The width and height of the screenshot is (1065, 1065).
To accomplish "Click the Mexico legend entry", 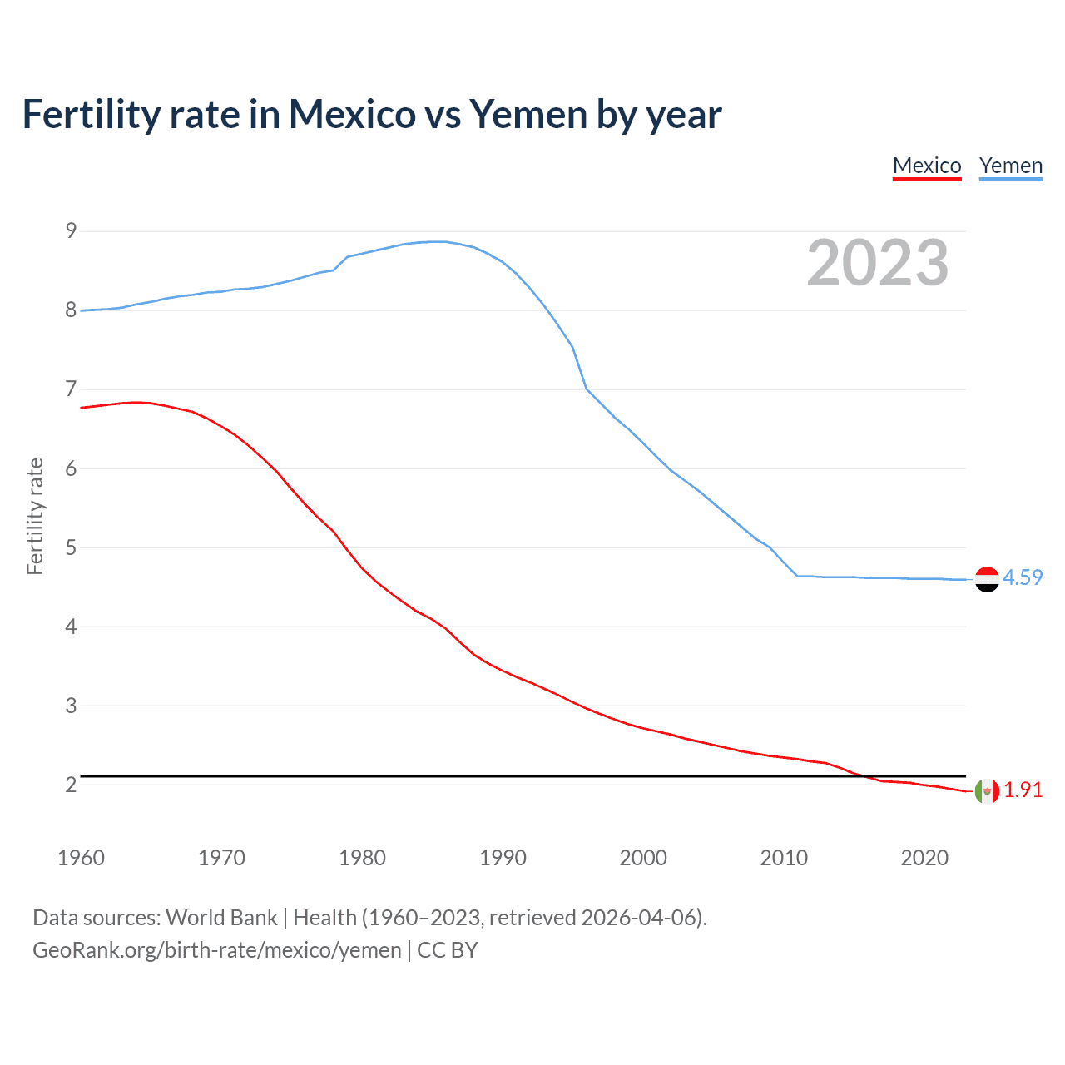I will (927, 166).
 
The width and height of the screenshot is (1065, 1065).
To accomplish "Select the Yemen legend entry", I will (1011, 166).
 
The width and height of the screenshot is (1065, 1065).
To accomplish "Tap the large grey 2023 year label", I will (878, 263).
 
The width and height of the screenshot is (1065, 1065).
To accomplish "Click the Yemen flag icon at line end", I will (987, 579).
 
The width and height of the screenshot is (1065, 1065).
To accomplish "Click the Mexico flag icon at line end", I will (987, 791).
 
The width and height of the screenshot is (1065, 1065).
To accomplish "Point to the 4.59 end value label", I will (1023, 577).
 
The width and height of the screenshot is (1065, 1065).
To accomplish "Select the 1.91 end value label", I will (1023, 790).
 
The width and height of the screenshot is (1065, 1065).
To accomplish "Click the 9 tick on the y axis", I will (71, 230).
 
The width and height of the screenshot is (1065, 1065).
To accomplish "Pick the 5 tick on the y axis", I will (71, 547).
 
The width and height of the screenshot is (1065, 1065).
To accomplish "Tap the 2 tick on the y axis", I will (71, 785).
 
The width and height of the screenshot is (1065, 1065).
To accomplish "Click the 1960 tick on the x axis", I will (81, 858).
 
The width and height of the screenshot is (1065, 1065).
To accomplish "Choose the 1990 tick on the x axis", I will (503, 858).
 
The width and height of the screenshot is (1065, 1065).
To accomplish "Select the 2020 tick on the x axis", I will (924, 858).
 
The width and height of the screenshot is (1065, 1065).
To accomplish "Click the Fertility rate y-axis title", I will (35, 516).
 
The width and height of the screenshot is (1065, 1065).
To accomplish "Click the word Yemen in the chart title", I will (528, 114).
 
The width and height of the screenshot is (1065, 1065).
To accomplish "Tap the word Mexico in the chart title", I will (352, 114).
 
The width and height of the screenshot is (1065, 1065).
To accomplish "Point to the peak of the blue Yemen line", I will (438, 241).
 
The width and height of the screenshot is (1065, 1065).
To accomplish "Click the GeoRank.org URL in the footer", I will (217, 950).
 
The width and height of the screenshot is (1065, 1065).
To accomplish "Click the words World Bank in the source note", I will (221, 918).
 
